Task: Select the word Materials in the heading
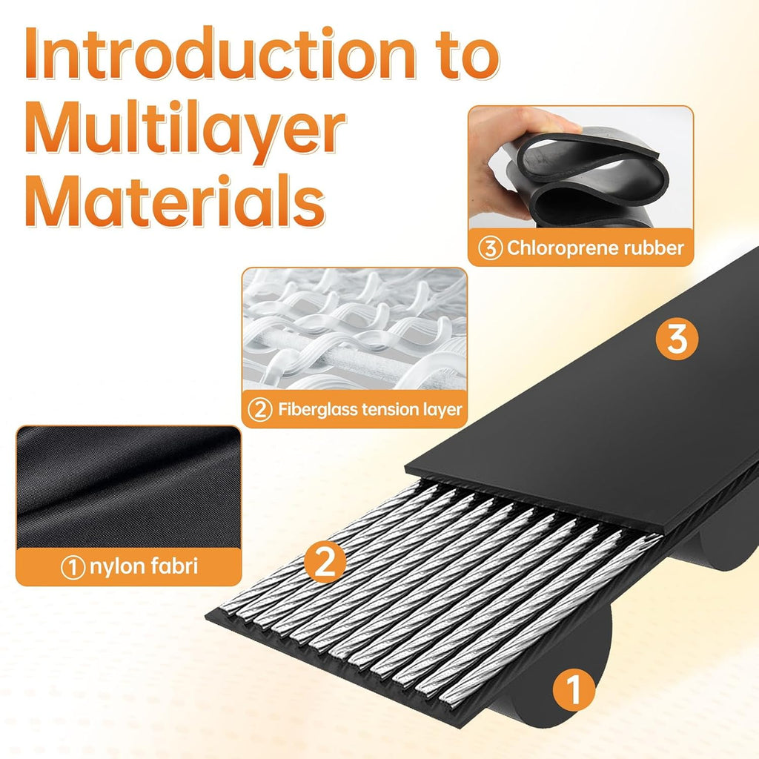point(175,201)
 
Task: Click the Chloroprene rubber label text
point(595,248)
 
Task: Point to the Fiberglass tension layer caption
point(370,409)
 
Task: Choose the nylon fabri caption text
point(144,566)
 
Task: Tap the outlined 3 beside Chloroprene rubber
point(491,248)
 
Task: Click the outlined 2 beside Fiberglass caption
point(260,410)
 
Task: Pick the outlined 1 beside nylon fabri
point(73,567)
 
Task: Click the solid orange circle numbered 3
point(677,338)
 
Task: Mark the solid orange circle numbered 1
point(574,689)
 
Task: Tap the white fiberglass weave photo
point(354,329)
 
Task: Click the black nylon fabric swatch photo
point(129,487)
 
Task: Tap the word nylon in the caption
point(117,567)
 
